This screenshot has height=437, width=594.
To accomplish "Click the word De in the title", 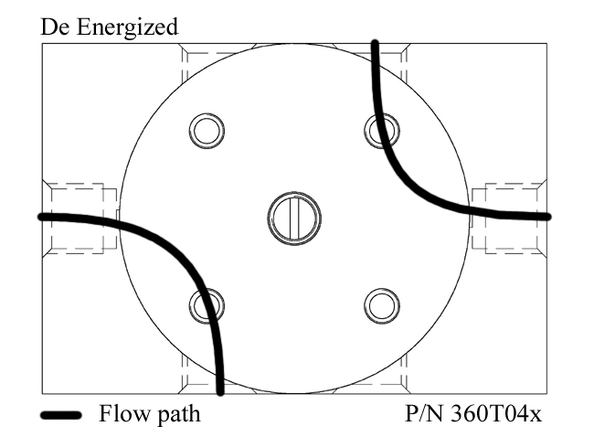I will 54,27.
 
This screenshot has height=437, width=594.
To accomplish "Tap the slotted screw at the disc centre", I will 294,218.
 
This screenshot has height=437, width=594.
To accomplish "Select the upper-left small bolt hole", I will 207,131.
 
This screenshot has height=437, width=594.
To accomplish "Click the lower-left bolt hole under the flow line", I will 207,305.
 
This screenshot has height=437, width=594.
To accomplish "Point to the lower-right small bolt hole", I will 381,305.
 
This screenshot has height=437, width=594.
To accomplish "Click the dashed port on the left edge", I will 80,218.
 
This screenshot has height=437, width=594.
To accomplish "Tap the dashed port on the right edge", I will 510,218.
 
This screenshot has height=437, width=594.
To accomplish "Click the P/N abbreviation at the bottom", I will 426,415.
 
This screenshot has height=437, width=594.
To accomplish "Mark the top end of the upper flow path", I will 374,43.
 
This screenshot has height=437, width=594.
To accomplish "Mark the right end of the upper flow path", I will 547,217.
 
